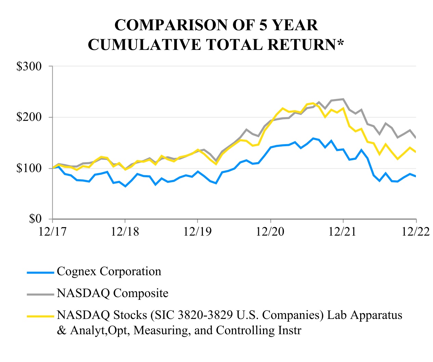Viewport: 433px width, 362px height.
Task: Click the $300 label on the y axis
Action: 29,66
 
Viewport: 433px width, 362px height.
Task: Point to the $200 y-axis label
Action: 29,117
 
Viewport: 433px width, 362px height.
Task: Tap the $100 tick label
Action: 29,168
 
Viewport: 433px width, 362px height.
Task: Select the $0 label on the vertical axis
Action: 36,219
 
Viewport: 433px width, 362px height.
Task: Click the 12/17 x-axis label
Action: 52,232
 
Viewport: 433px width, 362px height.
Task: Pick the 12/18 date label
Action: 125,232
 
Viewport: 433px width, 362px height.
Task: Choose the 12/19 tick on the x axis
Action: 197,232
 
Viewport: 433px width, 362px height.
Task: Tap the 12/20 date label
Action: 270,232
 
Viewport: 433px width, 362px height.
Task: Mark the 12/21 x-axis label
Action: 343,232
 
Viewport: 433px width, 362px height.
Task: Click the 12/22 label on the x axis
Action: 415,232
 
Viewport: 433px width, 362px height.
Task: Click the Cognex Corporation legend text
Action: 109,271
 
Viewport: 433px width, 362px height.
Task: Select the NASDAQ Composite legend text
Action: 113,293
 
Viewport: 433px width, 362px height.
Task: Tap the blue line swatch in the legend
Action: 41,273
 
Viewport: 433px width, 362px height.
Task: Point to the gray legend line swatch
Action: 41,294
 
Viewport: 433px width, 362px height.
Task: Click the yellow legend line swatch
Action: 41,316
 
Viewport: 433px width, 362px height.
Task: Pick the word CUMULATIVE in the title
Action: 144,45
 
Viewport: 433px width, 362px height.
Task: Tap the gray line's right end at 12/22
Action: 416,138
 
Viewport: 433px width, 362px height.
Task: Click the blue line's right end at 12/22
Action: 416,176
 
